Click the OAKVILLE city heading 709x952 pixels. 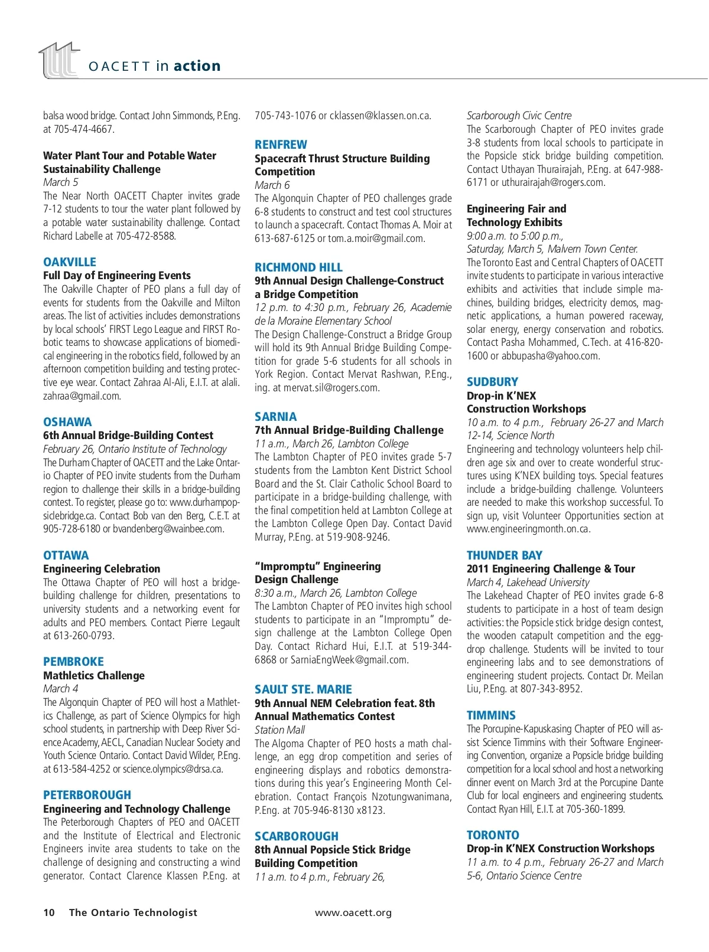tap(69, 262)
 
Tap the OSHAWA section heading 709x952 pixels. tap(67, 422)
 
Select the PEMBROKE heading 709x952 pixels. tap(73, 662)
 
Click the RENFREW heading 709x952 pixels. tap(281, 145)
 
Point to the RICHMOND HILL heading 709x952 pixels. tap(298, 267)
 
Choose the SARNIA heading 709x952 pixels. tap(275, 417)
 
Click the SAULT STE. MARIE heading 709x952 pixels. tap(303, 689)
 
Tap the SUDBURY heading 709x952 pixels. tap(492, 382)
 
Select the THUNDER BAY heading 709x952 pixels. tap(504, 555)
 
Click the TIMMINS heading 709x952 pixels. tap(491, 715)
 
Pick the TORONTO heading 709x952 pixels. tap(493, 835)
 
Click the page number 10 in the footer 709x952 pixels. tap(49, 912)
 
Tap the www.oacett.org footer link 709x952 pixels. tap(353, 912)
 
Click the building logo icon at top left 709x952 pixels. tap(59, 60)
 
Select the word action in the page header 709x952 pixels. tap(197, 66)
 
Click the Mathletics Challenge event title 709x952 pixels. tap(94, 675)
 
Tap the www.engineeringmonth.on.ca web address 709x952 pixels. tap(528, 529)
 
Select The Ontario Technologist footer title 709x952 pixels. tap(133, 912)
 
